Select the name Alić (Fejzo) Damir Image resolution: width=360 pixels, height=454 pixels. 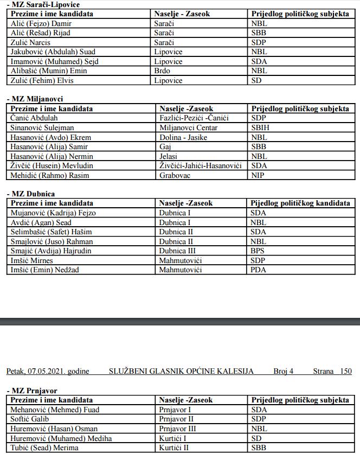click(x=41, y=23)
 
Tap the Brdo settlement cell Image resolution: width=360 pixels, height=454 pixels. click(x=162, y=71)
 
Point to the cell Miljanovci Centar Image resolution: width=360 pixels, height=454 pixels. click(x=188, y=127)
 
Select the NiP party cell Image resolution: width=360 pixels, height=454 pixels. click(x=258, y=175)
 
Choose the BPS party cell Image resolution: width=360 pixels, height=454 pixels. click(x=258, y=251)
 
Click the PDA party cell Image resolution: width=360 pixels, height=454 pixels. click(x=259, y=270)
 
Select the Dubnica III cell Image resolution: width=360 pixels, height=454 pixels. click(x=177, y=251)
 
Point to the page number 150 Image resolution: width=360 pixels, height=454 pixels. click(x=345, y=371)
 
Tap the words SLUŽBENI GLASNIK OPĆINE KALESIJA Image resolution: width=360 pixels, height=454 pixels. click(x=181, y=371)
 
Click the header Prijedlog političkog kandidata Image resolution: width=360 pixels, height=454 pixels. click(x=300, y=203)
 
